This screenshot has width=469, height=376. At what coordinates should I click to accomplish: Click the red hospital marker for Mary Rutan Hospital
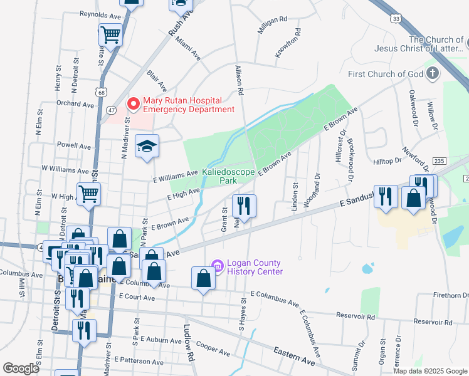(132, 103)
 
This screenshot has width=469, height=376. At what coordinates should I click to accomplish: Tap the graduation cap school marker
(147, 146)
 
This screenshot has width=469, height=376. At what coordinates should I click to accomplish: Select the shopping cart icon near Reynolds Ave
(111, 35)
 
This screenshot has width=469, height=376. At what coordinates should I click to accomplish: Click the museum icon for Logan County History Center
(218, 266)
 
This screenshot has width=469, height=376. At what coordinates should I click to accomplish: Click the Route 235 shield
(439, 161)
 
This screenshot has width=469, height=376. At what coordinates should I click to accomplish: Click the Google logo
(21, 368)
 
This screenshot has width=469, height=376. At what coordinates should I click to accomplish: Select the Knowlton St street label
(288, 43)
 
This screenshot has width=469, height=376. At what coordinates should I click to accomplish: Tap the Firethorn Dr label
(451, 295)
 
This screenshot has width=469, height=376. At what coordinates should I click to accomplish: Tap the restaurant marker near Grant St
(244, 205)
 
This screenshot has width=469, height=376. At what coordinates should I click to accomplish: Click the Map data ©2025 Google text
(430, 371)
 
